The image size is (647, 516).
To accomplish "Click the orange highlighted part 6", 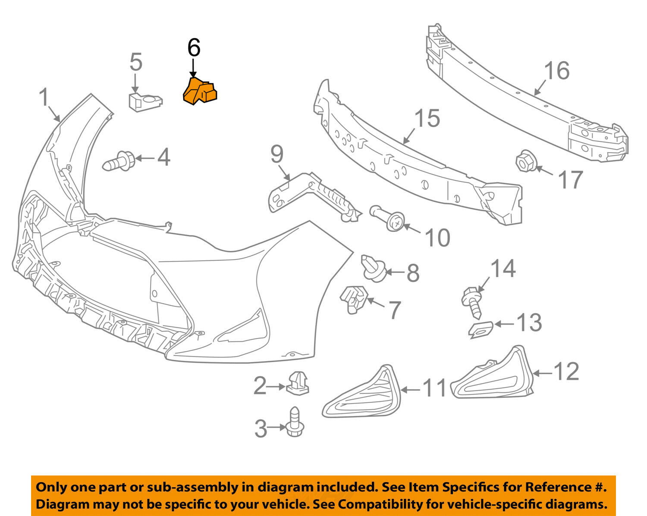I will [x=200, y=91].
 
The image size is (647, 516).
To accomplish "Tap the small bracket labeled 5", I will [x=145, y=102].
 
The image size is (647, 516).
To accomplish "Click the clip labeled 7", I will [x=353, y=298].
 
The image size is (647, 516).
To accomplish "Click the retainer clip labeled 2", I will [x=298, y=382].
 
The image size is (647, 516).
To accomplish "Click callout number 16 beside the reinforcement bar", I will [x=556, y=70].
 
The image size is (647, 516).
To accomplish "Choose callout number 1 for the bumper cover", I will [x=44, y=98].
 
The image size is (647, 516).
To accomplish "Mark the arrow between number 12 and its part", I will [x=542, y=372].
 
